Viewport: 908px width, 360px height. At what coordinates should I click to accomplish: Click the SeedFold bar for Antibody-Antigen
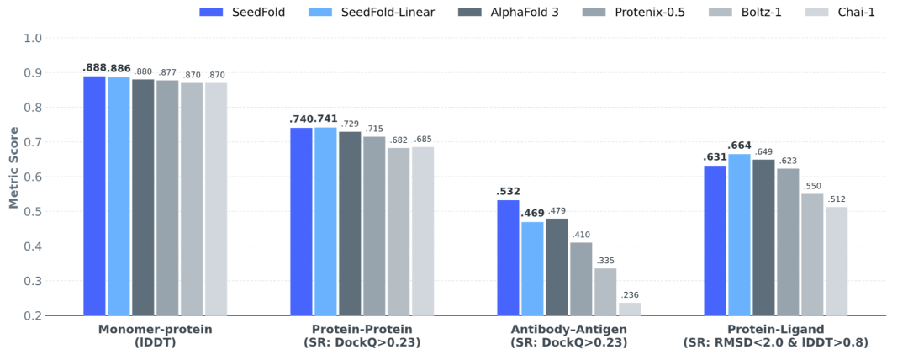pyautogui.click(x=508, y=257)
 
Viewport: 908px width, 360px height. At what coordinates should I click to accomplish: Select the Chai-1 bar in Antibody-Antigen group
pyautogui.click(x=630, y=309)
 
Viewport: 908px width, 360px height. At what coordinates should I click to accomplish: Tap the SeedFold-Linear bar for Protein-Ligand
pyautogui.click(x=739, y=235)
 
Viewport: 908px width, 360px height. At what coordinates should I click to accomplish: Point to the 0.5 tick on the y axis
pyautogui.click(x=33, y=212)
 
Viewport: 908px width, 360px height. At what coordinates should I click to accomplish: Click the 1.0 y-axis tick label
pyautogui.click(x=33, y=39)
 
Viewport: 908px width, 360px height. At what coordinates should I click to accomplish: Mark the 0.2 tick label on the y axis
pyautogui.click(x=33, y=315)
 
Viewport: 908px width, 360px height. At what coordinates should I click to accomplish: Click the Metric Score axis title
pyautogui.click(x=13, y=167)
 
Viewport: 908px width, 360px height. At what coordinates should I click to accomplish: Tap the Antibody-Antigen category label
pyautogui.click(x=557, y=330)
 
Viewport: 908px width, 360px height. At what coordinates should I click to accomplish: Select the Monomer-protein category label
pyautogui.click(x=156, y=330)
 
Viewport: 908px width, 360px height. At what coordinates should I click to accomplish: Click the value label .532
pyautogui.click(x=508, y=192)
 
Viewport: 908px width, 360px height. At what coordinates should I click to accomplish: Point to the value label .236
pyautogui.click(x=630, y=295)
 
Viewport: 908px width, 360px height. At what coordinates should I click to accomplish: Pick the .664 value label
pyautogui.click(x=739, y=146)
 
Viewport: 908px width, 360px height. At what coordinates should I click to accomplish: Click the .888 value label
pyautogui.click(x=94, y=67)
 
